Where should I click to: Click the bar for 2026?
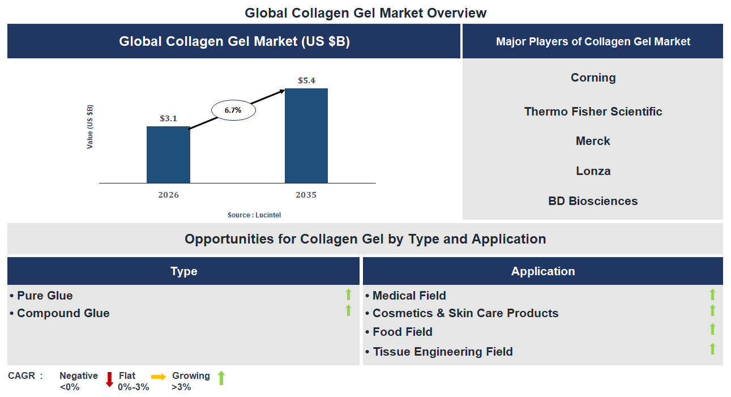[168, 155]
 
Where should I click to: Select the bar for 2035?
[306, 135]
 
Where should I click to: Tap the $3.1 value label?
[168, 118]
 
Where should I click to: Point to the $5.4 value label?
[306, 80]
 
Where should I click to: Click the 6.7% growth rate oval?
[233, 110]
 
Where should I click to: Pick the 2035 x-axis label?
[306, 195]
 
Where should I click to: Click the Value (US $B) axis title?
[90, 127]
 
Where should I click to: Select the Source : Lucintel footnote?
[254, 215]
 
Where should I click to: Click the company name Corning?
[593, 78]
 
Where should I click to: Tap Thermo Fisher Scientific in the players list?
[593, 112]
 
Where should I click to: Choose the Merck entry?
[593, 141]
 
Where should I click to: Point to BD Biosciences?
[593, 201]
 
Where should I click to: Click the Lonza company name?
[593, 171]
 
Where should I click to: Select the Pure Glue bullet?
[45, 296]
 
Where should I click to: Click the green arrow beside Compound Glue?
[348, 310]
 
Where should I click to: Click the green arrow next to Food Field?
[712, 329]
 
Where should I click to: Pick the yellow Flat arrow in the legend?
[159, 377]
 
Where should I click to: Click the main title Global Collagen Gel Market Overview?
[365, 12]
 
